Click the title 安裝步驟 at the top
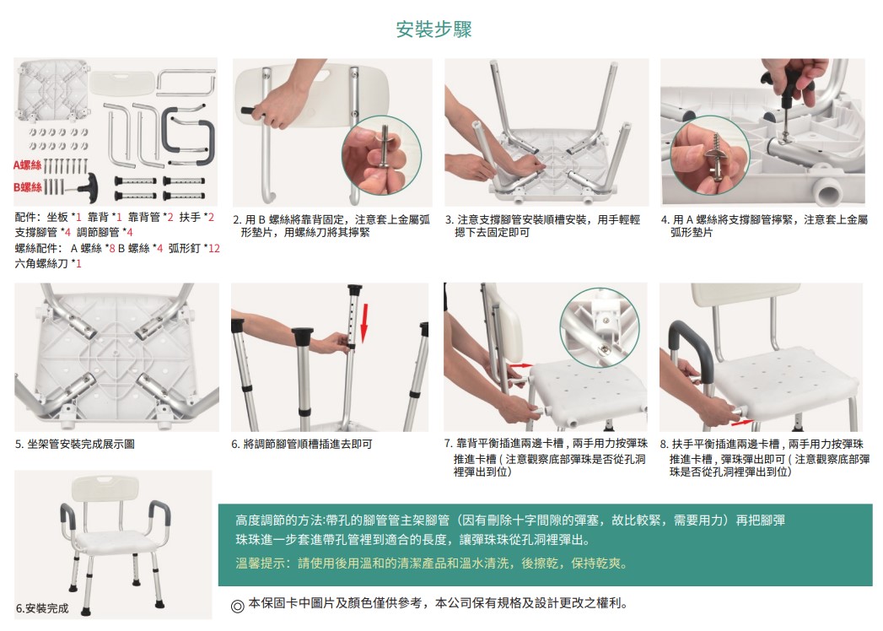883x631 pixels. point(433,30)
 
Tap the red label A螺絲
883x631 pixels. point(28,165)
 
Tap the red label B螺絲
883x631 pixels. point(28,186)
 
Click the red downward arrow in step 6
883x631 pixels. point(364,323)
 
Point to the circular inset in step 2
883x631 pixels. point(381,155)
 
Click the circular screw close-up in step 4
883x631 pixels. point(710,155)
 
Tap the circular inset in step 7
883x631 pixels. point(599,328)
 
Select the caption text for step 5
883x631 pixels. point(75,445)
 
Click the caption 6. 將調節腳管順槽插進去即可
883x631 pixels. point(302,445)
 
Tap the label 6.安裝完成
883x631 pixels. point(42,608)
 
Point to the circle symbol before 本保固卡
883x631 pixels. point(238,607)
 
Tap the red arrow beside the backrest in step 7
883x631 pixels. point(521,366)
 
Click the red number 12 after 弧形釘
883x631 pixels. point(214,249)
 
